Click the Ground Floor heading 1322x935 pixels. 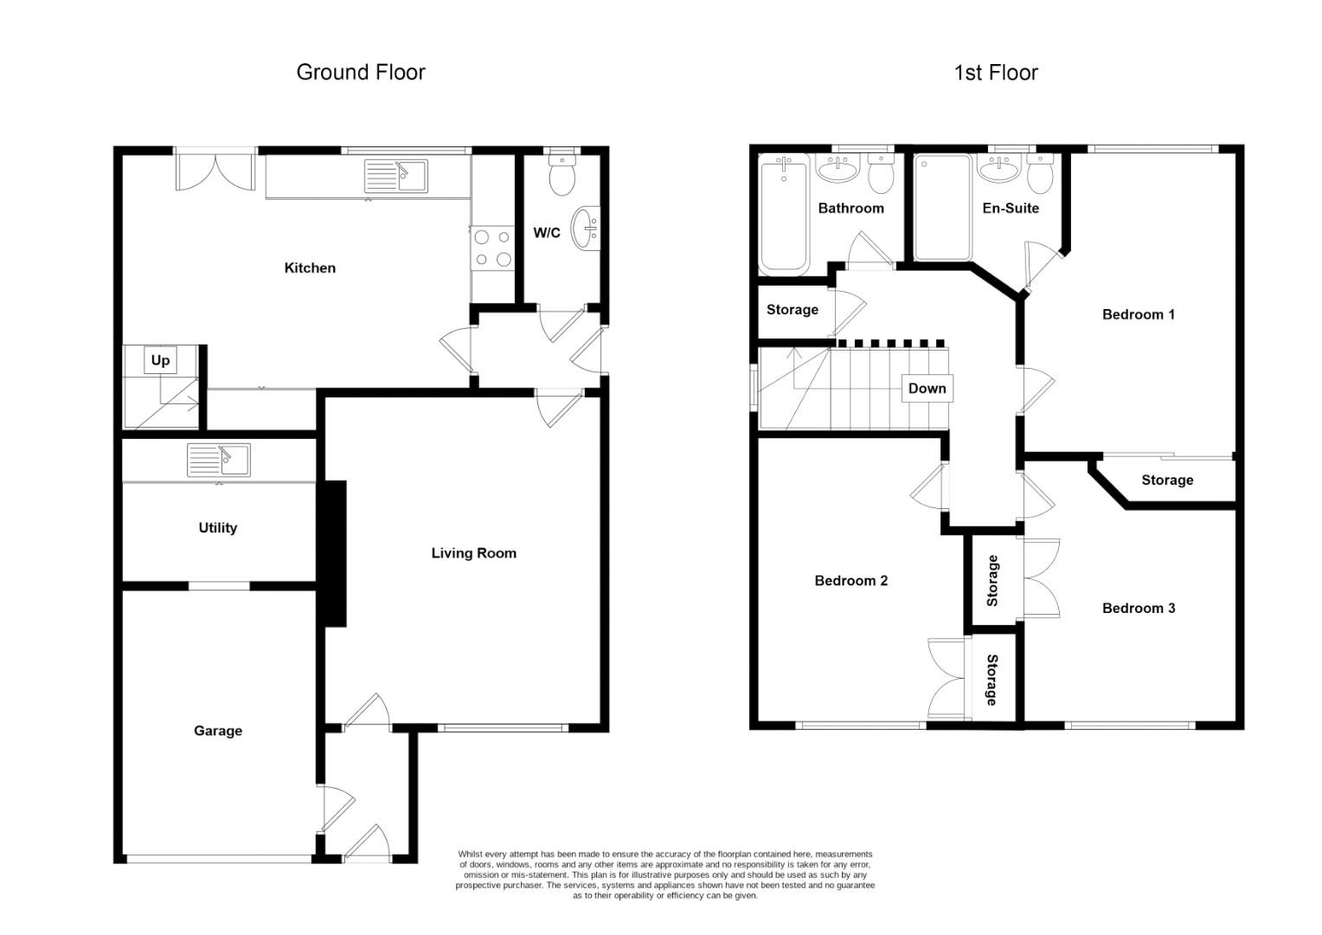(x=361, y=72)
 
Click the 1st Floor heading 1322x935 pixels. (x=995, y=73)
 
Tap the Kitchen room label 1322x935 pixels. (x=310, y=268)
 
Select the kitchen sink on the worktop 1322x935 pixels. (x=396, y=177)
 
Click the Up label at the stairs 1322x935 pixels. (x=160, y=360)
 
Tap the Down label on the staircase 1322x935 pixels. (x=927, y=389)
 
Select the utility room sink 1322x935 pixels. (x=219, y=460)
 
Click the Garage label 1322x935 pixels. (x=218, y=732)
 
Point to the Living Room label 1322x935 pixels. (x=473, y=553)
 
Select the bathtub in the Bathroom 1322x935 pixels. (x=784, y=214)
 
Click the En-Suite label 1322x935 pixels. (x=1011, y=209)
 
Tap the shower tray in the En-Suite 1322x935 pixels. (x=943, y=208)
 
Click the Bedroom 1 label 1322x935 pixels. (x=1138, y=314)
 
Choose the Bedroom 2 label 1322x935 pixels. (x=850, y=581)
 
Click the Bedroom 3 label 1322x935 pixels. (x=1138, y=609)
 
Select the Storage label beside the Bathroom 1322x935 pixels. (x=792, y=310)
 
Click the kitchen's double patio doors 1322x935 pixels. (x=215, y=170)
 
